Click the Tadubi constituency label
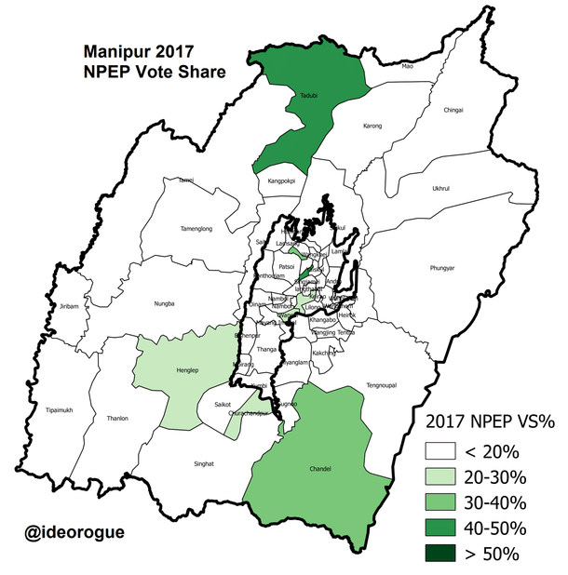click(309, 96)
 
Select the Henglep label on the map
click(175, 371)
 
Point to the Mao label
click(406, 67)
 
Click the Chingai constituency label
click(453, 109)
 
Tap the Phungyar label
click(442, 268)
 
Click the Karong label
click(372, 126)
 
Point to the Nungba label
click(165, 303)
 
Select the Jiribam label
click(68, 306)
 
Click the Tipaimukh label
click(59, 410)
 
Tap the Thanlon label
click(118, 418)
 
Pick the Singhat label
click(203, 462)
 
